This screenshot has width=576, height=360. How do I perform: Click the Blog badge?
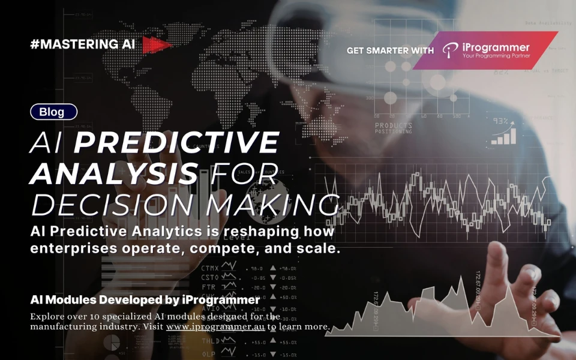click(53, 112)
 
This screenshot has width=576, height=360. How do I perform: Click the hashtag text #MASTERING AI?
click(82, 44)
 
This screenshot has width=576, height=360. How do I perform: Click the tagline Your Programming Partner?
click(496, 56)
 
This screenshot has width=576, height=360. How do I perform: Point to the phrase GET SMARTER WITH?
click(390, 51)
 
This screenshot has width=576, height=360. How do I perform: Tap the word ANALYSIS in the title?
click(114, 173)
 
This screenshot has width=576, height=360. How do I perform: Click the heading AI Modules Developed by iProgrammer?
click(145, 299)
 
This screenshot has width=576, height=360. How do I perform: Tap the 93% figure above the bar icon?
click(500, 121)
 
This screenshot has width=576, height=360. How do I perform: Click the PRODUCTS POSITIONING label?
click(394, 128)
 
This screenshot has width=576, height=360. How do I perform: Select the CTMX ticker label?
click(210, 268)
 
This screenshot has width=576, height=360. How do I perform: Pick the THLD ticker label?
click(210, 341)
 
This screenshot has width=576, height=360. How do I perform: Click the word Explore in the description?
click(47, 316)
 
